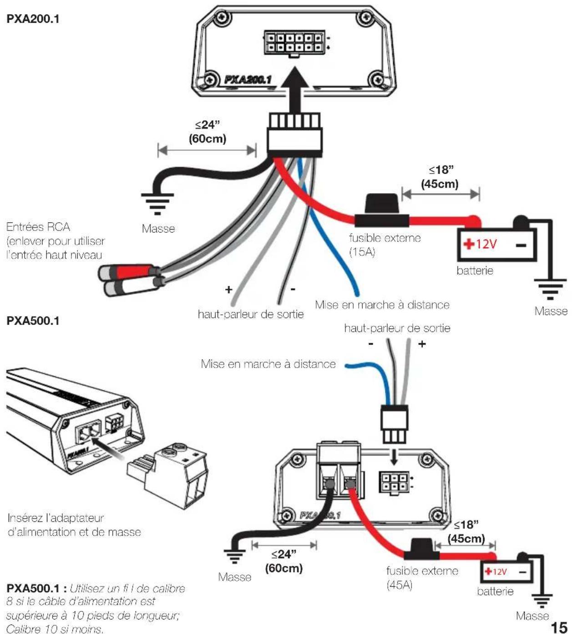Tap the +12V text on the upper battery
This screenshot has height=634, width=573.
(x=480, y=244)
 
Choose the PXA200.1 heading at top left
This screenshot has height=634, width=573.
(x=33, y=19)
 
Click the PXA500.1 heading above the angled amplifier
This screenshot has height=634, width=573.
(x=33, y=321)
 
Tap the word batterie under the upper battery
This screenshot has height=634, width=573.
(x=475, y=270)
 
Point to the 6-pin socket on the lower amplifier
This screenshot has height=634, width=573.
(x=394, y=482)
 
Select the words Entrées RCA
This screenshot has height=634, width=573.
(x=38, y=227)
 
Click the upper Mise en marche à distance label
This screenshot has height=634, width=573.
(x=382, y=305)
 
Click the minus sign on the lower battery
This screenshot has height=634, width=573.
(x=523, y=572)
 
